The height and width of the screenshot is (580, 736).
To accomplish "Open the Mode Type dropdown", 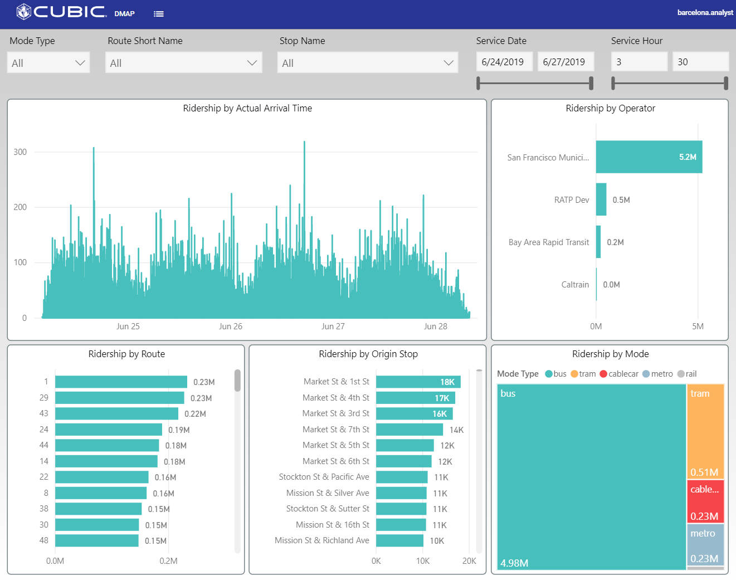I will (48, 63).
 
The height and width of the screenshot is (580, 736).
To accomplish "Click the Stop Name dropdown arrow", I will (448, 63).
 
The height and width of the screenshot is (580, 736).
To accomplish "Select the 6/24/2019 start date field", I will (504, 62).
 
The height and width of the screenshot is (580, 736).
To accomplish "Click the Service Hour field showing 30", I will (700, 62).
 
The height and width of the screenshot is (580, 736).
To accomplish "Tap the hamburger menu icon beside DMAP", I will (159, 14).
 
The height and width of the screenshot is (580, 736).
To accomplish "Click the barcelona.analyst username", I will (705, 12).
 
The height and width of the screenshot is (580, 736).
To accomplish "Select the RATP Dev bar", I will (601, 199).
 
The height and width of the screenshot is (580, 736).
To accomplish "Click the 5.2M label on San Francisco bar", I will (688, 157).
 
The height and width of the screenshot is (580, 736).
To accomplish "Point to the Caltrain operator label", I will (574, 285).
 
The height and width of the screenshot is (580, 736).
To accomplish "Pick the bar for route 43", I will (116, 413).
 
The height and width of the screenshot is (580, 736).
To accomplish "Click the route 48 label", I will (44, 540).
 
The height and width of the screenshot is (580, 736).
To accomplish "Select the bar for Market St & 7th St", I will (409, 430).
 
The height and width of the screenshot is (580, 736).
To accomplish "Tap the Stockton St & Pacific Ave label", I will (324, 477).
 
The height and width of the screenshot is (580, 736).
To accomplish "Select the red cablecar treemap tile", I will (705, 501).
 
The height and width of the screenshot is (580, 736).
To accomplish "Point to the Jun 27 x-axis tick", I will (333, 326).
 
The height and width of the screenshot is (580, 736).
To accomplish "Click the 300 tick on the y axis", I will (20, 152).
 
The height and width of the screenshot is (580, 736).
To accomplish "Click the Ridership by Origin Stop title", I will (368, 354).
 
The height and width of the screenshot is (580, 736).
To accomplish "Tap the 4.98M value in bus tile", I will (514, 563).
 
